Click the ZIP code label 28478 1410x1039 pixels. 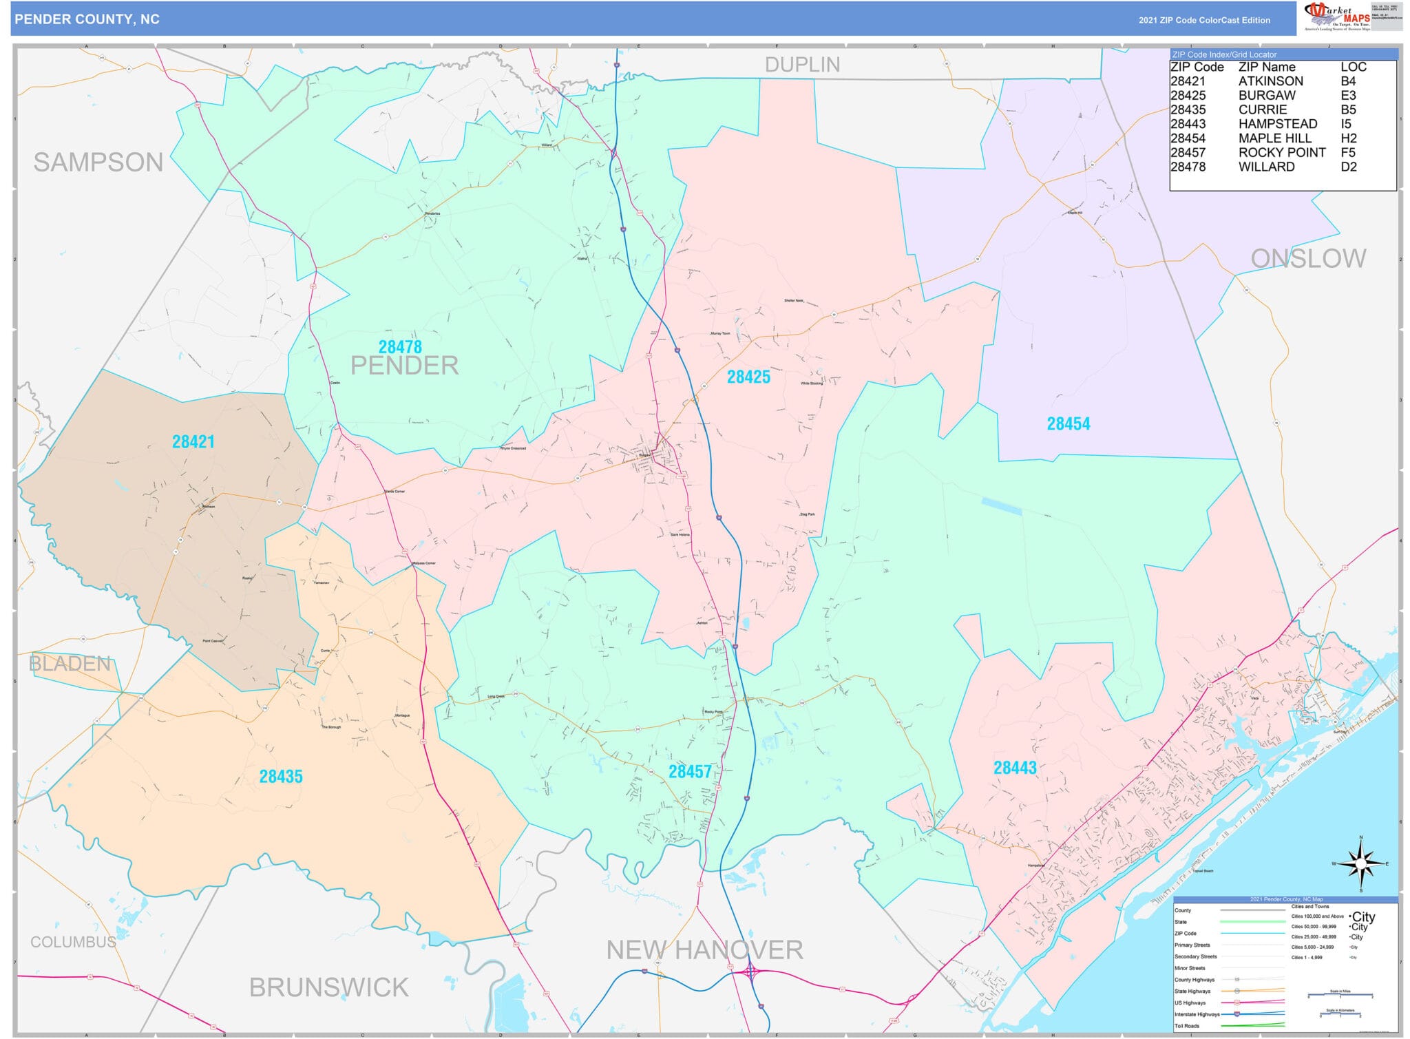point(400,347)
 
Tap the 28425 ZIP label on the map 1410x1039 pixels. point(748,377)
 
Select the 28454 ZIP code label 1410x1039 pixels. point(1068,423)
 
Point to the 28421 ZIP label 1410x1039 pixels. point(193,441)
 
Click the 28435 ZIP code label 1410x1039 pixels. point(281,776)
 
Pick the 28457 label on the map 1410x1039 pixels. point(690,771)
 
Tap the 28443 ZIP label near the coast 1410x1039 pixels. point(1015,767)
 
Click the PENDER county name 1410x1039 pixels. point(405,366)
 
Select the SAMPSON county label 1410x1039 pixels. point(98,162)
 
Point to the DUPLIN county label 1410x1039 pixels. point(802,65)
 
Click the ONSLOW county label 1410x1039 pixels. point(1308,258)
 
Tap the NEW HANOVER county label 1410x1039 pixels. point(704,950)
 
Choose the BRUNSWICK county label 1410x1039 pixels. point(329,987)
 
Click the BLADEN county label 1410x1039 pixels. point(70,664)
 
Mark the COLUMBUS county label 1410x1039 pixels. point(73,942)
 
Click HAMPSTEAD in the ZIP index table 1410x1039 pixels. point(1278,124)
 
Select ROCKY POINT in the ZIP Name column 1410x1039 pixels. point(1282,153)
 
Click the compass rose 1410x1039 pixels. point(1360,863)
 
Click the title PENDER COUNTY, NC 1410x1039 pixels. point(87,19)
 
